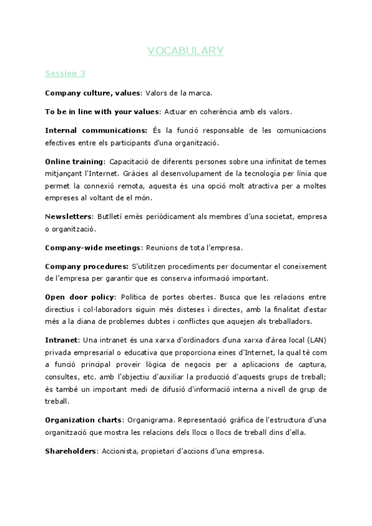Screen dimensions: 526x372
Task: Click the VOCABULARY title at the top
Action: tap(186, 51)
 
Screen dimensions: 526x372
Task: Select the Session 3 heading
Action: tap(65, 73)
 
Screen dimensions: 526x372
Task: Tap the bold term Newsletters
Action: tap(68, 216)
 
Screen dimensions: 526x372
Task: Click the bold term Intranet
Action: tap(61, 339)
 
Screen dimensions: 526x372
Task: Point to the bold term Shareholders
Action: tap(71, 452)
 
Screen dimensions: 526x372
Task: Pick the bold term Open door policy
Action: tap(79, 296)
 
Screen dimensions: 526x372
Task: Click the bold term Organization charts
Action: tap(84, 420)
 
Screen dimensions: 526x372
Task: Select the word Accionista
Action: tap(122, 452)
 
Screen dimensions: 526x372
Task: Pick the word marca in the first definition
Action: tap(200, 93)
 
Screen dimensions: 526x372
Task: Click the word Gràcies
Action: tap(231, 174)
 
